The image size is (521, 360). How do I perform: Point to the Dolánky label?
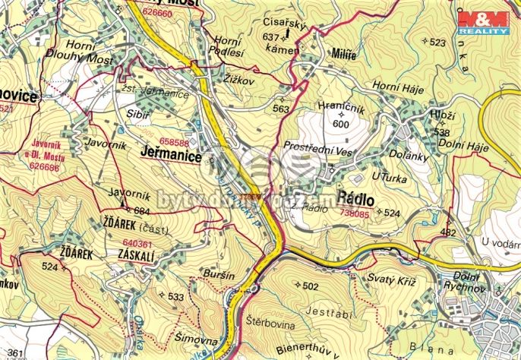(412, 156)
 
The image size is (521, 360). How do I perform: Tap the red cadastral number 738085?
(352, 215)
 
